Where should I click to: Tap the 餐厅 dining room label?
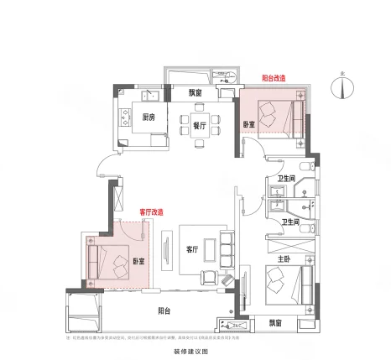(200, 124)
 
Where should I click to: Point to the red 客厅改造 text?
(151, 212)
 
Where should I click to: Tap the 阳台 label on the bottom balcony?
(165, 311)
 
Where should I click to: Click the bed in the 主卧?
(284, 281)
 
